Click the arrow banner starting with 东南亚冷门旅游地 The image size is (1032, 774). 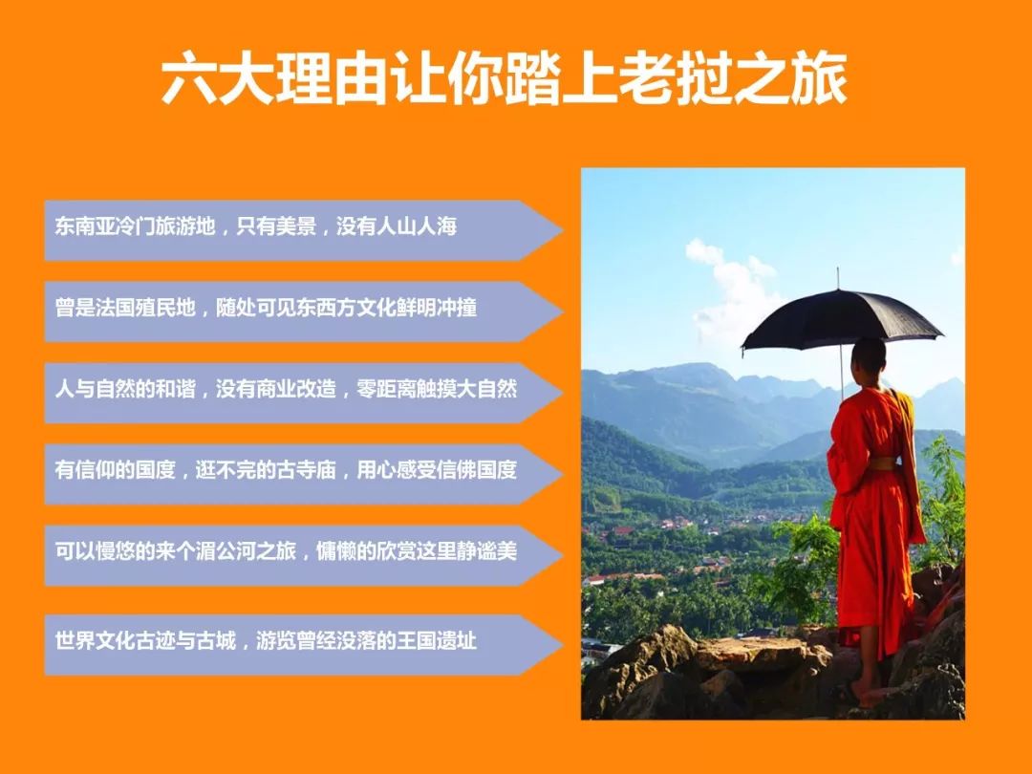(x=303, y=230)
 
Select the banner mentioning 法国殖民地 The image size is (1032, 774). (x=303, y=312)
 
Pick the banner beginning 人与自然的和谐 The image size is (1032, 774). (x=303, y=393)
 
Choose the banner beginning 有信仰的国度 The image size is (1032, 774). (x=303, y=474)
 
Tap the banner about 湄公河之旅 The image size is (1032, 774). (x=303, y=555)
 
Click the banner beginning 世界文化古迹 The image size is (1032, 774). (x=303, y=645)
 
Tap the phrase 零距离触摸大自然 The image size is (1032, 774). (x=437, y=389)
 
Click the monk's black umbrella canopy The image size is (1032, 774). (x=842, y=319)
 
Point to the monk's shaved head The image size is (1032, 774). (x=869, y=355)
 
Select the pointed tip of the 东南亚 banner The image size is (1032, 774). (x=563, y=230)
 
